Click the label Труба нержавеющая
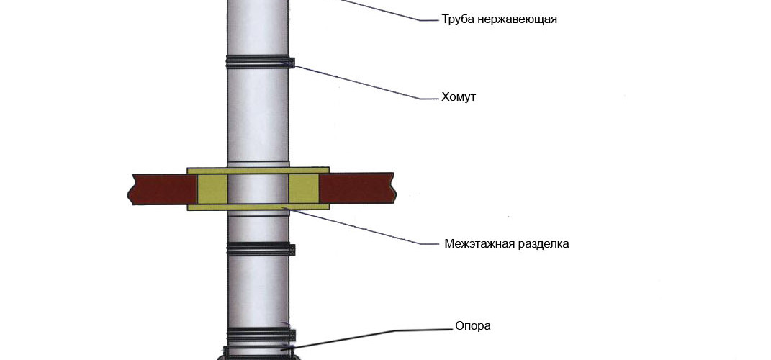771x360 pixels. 499,19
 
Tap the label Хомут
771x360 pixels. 459,97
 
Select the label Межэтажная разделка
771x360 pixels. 506,243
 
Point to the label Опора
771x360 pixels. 473,325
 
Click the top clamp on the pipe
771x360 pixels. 259,61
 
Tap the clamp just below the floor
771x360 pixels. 259,249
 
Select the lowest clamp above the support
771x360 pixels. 259,334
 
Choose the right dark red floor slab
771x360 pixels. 356,189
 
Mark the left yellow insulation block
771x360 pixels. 212,189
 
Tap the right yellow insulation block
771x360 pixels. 304,189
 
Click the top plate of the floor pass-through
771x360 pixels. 258,171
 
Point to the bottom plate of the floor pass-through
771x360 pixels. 258,207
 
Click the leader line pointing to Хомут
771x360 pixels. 360,81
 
